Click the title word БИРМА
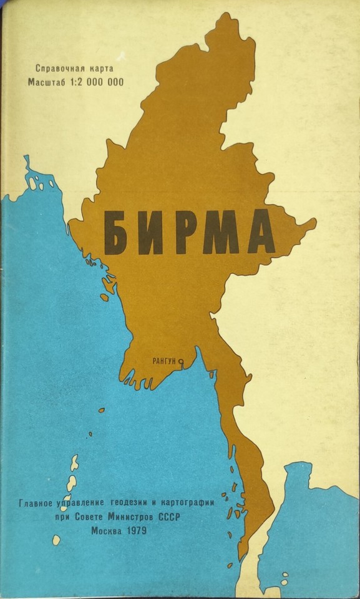[189, 232]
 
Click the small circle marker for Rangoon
[180, 361]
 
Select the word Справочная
[58, 68]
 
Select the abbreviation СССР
[190, 517]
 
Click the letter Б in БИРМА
[116, 232]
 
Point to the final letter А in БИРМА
[261, 232]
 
